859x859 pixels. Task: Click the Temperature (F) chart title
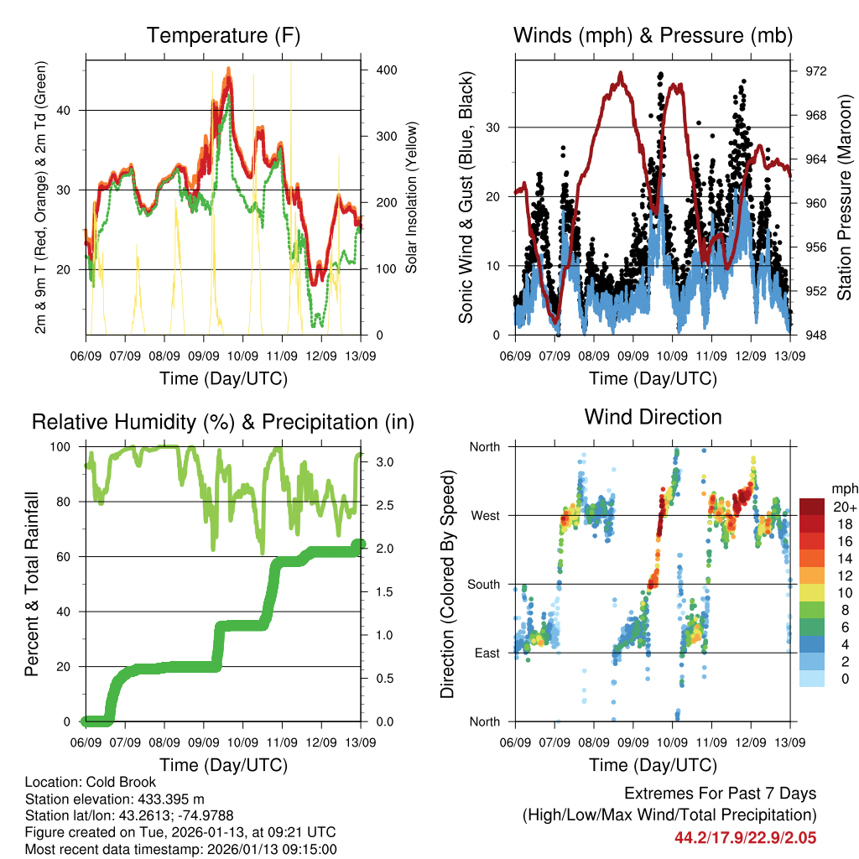[223, 35]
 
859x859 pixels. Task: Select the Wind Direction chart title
[653, 417]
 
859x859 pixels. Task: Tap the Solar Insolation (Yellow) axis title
[411, 198]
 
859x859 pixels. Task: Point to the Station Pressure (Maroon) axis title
[845, 198]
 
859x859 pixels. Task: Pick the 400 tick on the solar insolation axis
[387, 70]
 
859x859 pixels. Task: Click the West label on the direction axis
[485, 516]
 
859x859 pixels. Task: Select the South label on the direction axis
[483, 585]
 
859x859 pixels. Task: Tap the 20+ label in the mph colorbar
[844, 508]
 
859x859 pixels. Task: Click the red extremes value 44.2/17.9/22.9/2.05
[745, 837]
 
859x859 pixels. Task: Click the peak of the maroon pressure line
[621, 73]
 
